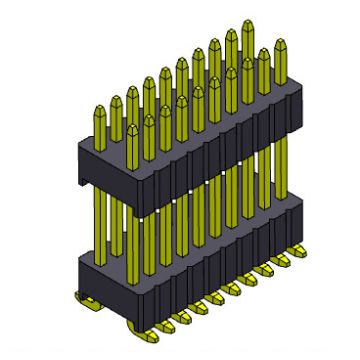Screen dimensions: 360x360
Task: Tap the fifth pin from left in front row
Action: (x=200, y=92)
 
